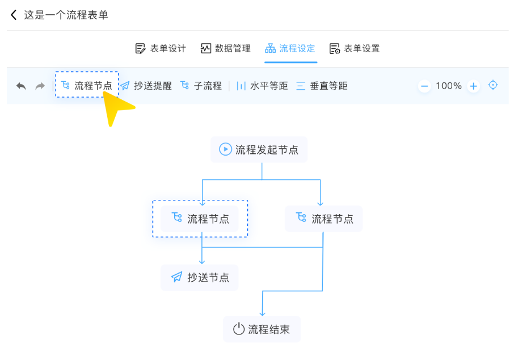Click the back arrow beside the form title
pyautogui.click(x=14, y=15)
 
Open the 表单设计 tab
pyautogui.click(x=161, y=48)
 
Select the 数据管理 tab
pyautogui.click(x=226, y=48)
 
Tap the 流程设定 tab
pyautogui.click(x=290, y=48)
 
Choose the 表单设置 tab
pyautogui.click(x=355, y=48)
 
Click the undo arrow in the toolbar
pyautogui.click(x=21, y=86)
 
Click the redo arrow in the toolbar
pyautogui.click(x=40, y=86)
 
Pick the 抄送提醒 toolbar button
pyautogui.click(x=146, y=86)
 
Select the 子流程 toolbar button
pyautogui.click(x=201, y=86)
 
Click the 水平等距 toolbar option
pyautogui.click(x=262, y=86)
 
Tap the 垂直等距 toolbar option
pyautogui.click(x=322, y=86)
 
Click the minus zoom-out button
pyautogui.click(x=424, y=86)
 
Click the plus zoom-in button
pyautogui.click(x=474, y=86)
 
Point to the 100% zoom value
pyautogui.click(x=449, y=86)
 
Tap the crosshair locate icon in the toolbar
pyautogui.click(x=493, y=85)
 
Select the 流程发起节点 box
pyautogui.click(x=259, y=149)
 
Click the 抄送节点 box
pyautogui.click(x=200, y=277)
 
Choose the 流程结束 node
pyautogui.click(x=262, y=329)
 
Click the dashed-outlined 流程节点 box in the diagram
pyautogui.click(x=200, y=219)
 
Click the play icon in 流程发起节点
pyautogui.click(x=225, y=149)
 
